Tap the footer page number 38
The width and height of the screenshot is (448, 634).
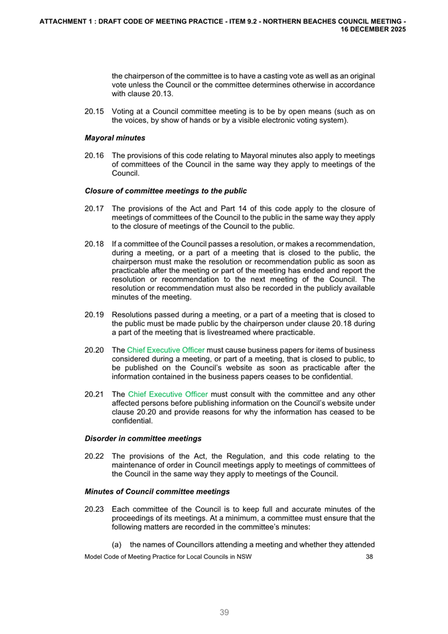coord(370,556)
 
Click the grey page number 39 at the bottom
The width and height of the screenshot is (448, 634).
coord(224,612)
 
